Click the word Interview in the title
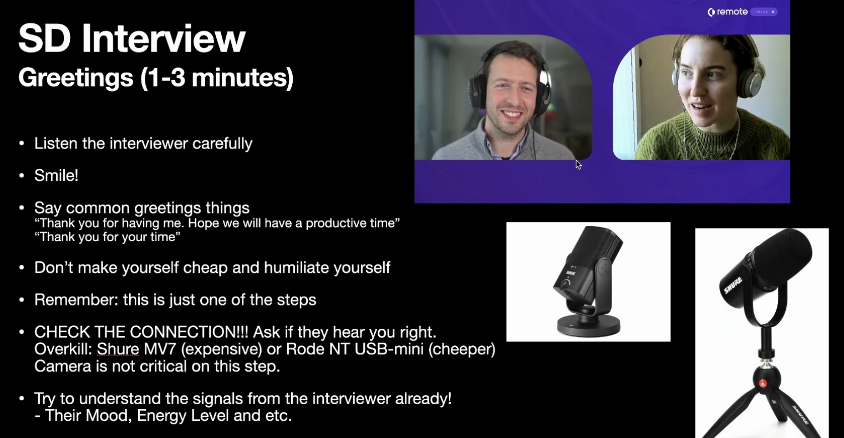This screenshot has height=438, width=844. click(x=164, y=38)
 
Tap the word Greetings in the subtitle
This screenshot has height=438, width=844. click(x=76, y=78)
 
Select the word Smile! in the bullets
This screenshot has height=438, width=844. click(x=56, y=176)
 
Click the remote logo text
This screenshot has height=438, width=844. click(x=732, y=12)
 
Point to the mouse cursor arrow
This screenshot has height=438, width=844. click(x=578, y=165)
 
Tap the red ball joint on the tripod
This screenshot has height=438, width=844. click(x=762, y=384)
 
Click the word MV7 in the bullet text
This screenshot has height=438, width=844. click(x=160, y=349)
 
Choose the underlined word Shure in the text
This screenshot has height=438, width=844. click(x=118, y=349)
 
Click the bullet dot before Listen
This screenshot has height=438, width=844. click(x=22, y=144)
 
